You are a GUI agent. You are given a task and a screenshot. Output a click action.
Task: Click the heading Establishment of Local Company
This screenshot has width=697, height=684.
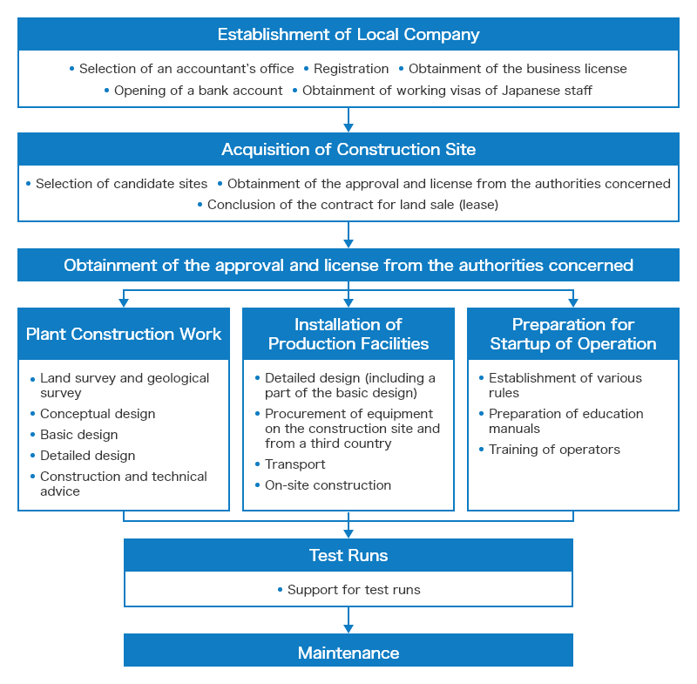pos(348,34)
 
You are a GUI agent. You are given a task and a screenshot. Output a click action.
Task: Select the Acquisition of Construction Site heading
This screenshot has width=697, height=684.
pos(348,149)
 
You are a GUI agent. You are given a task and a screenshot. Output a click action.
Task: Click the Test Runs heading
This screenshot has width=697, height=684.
pos(348,555)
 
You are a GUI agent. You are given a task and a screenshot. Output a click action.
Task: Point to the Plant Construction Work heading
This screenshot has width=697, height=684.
pos(124,334)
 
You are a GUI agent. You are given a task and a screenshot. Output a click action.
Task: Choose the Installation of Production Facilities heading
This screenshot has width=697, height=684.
pos(348,334)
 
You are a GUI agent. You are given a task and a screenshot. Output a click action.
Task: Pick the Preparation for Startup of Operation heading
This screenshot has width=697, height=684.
pos(573,334)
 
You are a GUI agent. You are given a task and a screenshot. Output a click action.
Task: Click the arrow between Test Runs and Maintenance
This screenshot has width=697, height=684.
pos(348,620)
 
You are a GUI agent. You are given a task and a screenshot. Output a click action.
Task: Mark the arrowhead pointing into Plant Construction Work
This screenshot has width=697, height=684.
pos(124,302)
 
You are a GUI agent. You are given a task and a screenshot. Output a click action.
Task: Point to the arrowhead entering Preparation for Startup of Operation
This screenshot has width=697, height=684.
pos(573,302)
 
